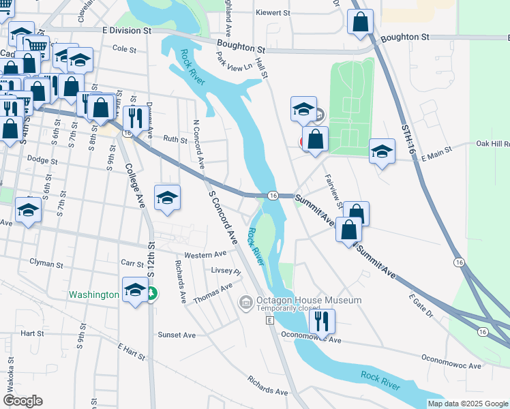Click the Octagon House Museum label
pyautogui.click(x=308, y=301)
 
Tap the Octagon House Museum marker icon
pyautogui.click(x=245, y=301)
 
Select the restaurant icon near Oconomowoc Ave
pyautogui.click(x=323, y=320)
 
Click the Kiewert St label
pyautogui.click(x=273, y=12)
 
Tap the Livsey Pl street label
pyautogui.click(x=226, y=271)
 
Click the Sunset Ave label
pyautogui.click(x=177, y=335)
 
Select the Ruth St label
pyautogui.click(x=175, y=139)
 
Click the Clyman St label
pyautogui.click(x=46, y=262)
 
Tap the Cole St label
pyautogui.click(x=125, y=49)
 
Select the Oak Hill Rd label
pyautogui.click(x=492, y=144)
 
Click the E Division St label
pyautogui.click(x=127, y=31)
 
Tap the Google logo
pyautogui.click(x=22, y=401)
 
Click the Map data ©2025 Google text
pyautogui.click(x=468, y=404)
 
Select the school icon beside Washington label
pyautogui.click(x=135, y=290)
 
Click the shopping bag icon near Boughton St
pyautogui.click(x=360, y=22)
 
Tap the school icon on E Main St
pyautogui.click(x=382, y=152)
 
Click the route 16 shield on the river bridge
pyautogui.click(x=273, y=196)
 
